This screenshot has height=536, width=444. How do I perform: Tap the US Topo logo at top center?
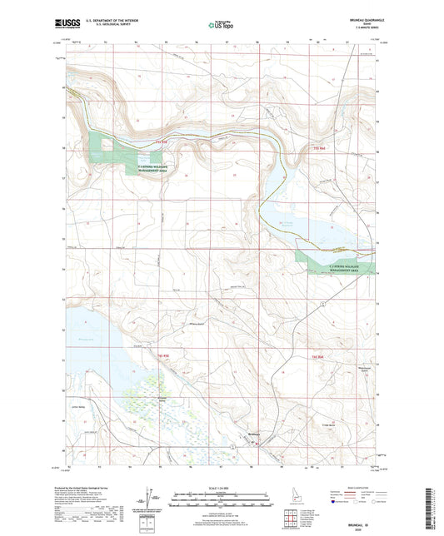[221, 26]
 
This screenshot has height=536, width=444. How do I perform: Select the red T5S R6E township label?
[318, 149]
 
